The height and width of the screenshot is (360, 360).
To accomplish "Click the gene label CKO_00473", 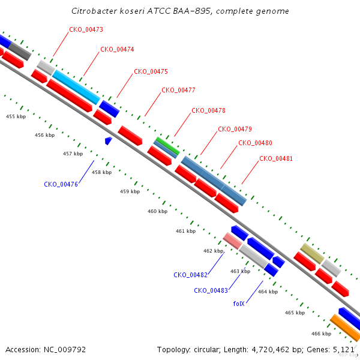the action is (86, 29).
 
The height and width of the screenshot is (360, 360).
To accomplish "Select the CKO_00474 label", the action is (117, 49).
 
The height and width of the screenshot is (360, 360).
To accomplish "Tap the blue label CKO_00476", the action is (61, 184).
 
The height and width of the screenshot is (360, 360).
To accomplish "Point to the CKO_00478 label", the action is (208, 110).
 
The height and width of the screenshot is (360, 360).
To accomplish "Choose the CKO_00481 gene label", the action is (276, 158).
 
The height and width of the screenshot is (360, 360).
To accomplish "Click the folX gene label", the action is (239, 304).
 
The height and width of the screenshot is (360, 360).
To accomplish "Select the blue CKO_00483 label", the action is (211, 290).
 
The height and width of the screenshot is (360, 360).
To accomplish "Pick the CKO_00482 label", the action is (191, 275).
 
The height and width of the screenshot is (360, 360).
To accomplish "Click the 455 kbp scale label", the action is (16, 116).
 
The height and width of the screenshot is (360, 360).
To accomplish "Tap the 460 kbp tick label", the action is (157, 211).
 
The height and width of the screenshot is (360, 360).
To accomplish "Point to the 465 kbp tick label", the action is (295, 313).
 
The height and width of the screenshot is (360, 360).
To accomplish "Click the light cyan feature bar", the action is (76, 87).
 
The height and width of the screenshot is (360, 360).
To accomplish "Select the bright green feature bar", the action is (168, 146).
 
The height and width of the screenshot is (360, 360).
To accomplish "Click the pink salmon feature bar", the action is (233, 241).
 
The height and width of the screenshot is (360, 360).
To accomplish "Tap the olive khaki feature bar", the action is (312, 253).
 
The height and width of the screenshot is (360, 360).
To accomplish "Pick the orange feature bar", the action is (345, 328).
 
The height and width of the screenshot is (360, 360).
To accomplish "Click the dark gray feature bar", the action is (20, 51).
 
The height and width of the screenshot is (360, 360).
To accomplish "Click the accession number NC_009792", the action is (65, 350).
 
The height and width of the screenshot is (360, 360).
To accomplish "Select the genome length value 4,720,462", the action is (271, 350).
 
